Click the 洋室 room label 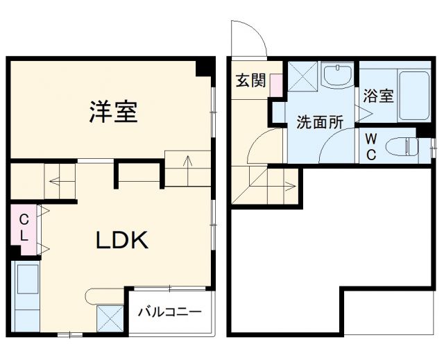pos(112,112)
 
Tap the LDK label pos(121,241)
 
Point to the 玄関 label pos(250,80)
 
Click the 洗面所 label pos(320,122)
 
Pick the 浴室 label pos(378,96)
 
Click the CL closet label pos(23,227)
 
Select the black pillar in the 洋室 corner pos(204,68)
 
